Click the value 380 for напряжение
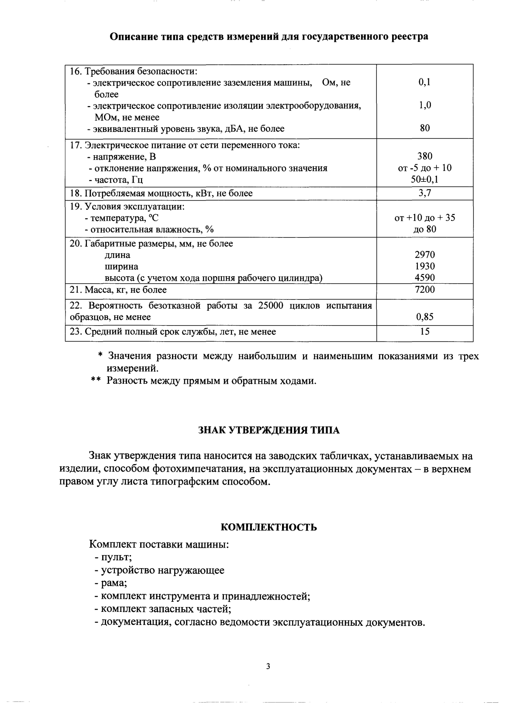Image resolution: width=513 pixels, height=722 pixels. point(424,156)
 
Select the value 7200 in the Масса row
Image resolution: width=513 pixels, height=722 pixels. point(424,289)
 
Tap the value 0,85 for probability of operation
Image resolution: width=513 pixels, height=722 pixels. point(424,317)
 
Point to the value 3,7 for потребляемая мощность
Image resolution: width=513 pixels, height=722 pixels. point(424,193)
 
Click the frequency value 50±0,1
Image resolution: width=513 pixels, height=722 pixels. point(424,180)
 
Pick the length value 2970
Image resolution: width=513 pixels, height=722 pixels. point(424,255)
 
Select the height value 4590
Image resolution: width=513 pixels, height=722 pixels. point(424,278)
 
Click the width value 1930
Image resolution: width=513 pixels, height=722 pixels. point(424,266)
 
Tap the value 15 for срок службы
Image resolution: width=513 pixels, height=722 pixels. point(424,331)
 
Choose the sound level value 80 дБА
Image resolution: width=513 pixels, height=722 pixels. point(424,128)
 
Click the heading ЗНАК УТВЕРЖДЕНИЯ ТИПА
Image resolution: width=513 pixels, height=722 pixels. point(269,430)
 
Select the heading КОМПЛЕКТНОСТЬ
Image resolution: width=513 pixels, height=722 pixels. point(269,528)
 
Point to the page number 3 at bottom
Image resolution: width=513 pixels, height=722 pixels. point(268,666)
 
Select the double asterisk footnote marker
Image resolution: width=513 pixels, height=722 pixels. point(96,381)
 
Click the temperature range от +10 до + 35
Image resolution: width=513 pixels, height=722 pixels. point(424,218)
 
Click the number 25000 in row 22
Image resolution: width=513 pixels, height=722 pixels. point(272,305)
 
